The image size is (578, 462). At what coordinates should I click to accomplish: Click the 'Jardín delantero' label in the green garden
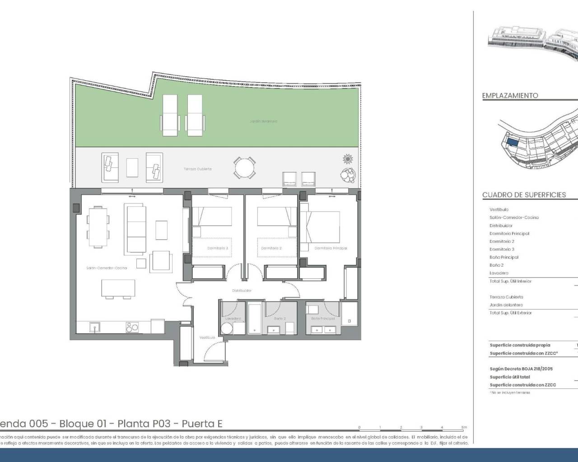coord(263,121)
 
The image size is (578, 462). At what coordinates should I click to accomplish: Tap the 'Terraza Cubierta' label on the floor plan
coord(197,169)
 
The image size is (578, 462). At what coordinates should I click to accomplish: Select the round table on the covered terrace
coord(244,168)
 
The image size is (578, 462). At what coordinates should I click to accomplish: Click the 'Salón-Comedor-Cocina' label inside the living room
coord(107,268)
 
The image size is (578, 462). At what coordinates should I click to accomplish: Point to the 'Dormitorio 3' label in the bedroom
coord(218,248)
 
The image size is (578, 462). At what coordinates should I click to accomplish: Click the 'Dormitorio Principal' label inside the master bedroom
coord(331,248)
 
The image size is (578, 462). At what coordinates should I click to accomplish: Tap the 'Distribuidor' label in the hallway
coord(242,291)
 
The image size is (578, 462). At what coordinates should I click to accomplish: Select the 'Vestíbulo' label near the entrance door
coord(207,337)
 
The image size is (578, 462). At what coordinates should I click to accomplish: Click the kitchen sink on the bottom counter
coord(94,327)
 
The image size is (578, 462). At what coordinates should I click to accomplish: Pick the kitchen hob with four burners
coord(131,327)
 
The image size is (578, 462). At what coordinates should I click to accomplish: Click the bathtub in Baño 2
coord(255,319)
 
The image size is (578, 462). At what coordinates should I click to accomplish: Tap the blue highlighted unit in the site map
coord(512,143)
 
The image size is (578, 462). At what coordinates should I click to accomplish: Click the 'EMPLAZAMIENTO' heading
coord(510,96)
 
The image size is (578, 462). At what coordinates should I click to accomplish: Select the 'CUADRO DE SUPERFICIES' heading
coord(524,195)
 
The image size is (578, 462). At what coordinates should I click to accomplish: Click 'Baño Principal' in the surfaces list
coord(503,257)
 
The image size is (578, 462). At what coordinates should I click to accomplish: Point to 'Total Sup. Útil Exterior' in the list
coord(510,313)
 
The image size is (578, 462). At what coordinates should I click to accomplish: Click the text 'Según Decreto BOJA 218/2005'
coord(521,369)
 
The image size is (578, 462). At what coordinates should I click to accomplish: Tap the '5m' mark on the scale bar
coord(464,427)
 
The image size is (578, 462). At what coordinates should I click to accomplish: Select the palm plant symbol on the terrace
coord(348,159)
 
